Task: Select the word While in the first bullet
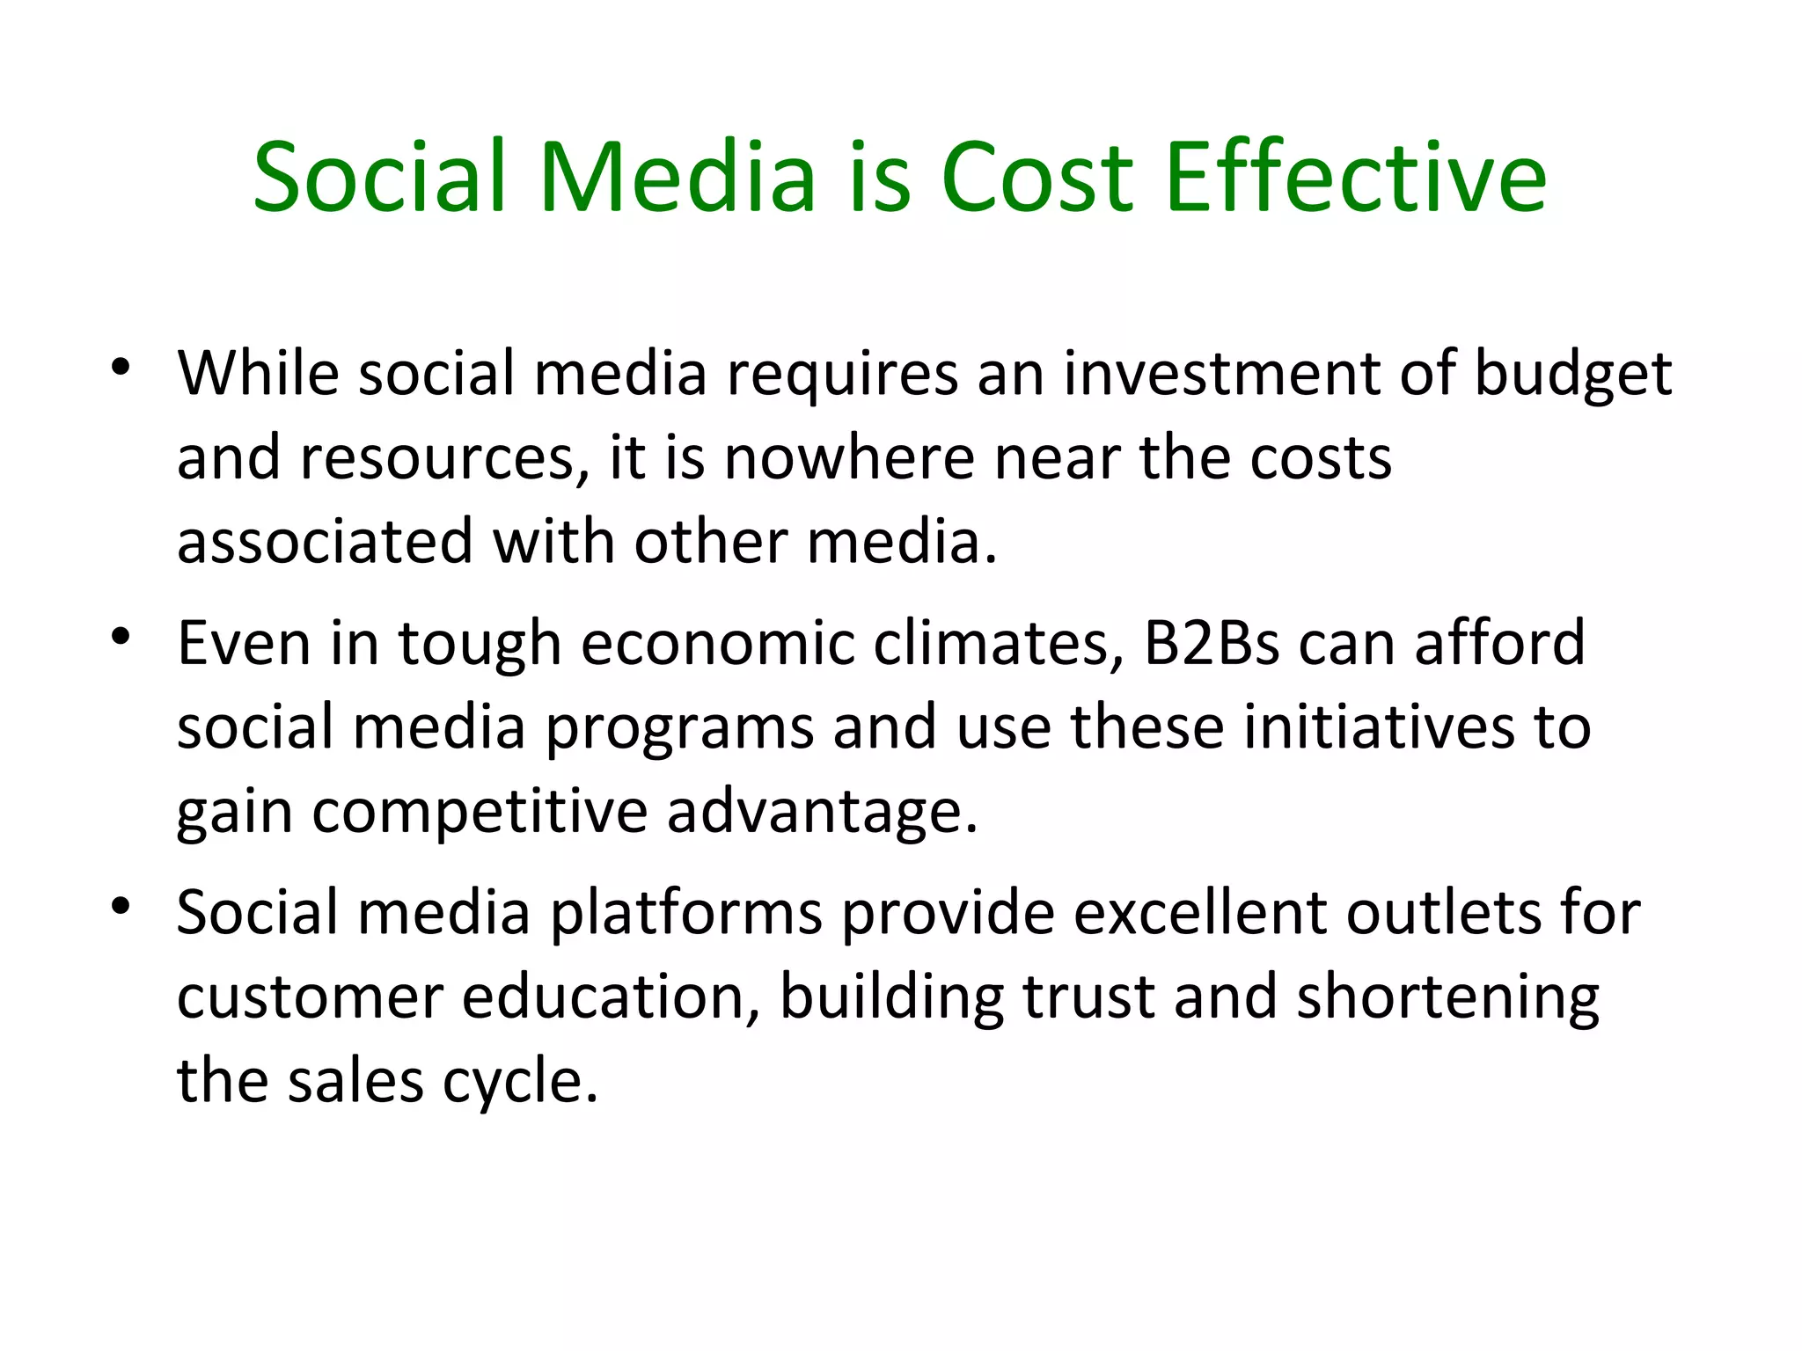[x=258, y=373]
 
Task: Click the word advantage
[x=822, y=813]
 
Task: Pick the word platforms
[x=686, y=913]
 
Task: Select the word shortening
[x=1447, y=999]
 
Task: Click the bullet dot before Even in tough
[x=121, y=636]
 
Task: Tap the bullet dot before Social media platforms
[x=121, y=905]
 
